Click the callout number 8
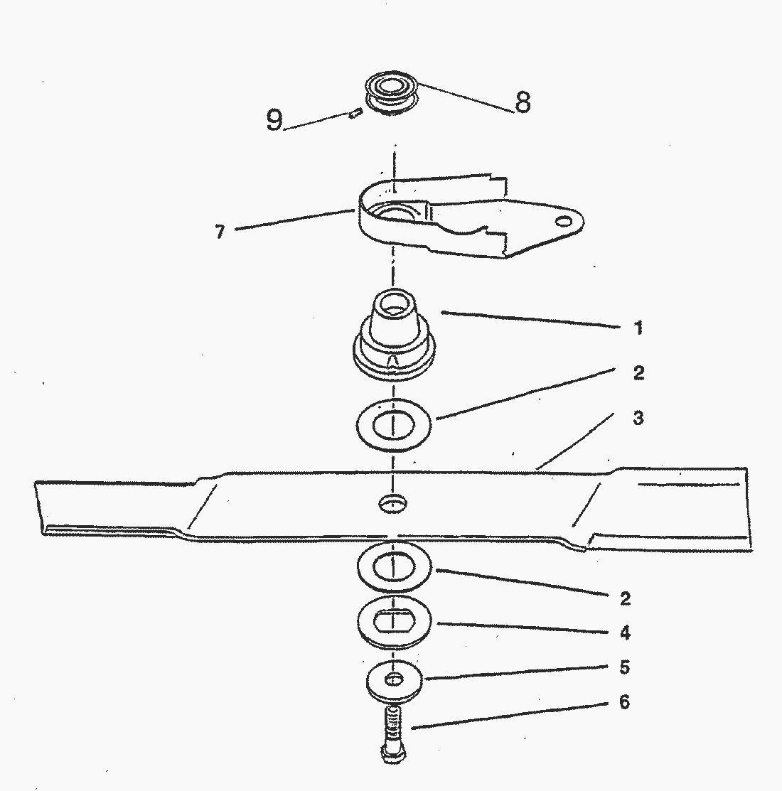tap(523, 102)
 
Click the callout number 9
tap(274, 120)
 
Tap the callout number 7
tap(220, 232)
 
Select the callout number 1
tap(638, 328)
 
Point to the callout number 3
tap(638, 418)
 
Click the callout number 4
tap(625, 633)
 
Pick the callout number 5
tap(625, 667)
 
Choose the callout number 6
tap(624, 702)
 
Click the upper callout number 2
tap(638, 372)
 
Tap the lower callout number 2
tap(625, 598)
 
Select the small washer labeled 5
tap(394, 681)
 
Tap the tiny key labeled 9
tap(353, 112)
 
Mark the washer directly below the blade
tap(394, 567)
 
